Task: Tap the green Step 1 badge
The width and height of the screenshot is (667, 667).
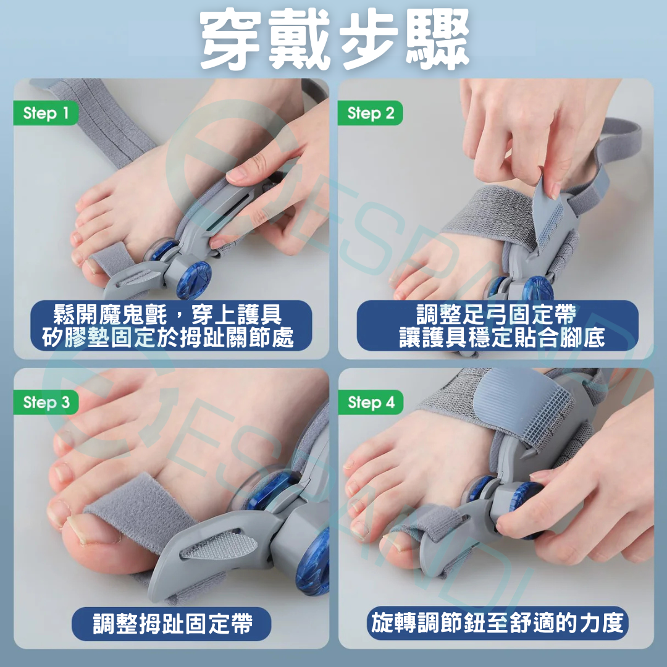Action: point(46,114)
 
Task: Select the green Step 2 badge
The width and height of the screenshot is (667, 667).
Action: point(370,114)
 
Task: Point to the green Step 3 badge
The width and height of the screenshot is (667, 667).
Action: point(46,403)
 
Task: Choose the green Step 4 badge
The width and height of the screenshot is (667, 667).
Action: point(371,403)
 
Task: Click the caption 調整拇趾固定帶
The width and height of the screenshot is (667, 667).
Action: point(172,624)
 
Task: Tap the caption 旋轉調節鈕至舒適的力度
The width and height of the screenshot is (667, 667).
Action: point(497,624)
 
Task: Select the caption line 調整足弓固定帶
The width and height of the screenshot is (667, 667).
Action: point(497,315)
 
